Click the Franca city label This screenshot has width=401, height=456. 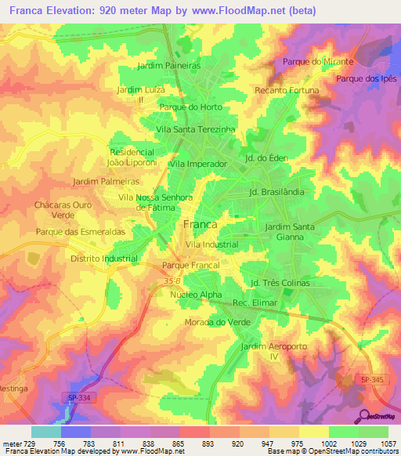point(200,224)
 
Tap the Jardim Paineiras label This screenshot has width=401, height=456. point(169,66)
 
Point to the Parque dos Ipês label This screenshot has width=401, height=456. point(367,79)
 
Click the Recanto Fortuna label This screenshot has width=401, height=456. point(287,91)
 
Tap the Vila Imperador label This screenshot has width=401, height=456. point(198,165)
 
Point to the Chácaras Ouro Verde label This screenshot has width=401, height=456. point(58,209)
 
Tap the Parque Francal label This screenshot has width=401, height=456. point(190,266)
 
